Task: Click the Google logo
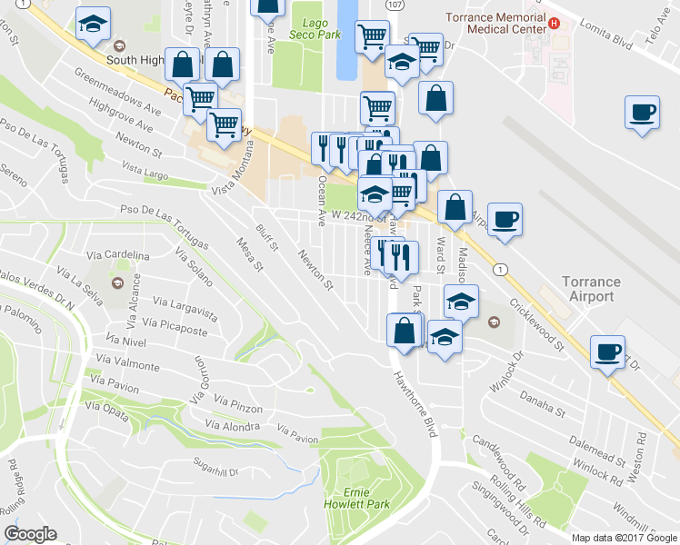[30, 534]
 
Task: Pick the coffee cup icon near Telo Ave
[642, 113]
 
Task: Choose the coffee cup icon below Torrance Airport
[606, 351]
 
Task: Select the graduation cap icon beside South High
[91, 26]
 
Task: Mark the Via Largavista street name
[185, 308]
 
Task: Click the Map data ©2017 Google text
[625, 538]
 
